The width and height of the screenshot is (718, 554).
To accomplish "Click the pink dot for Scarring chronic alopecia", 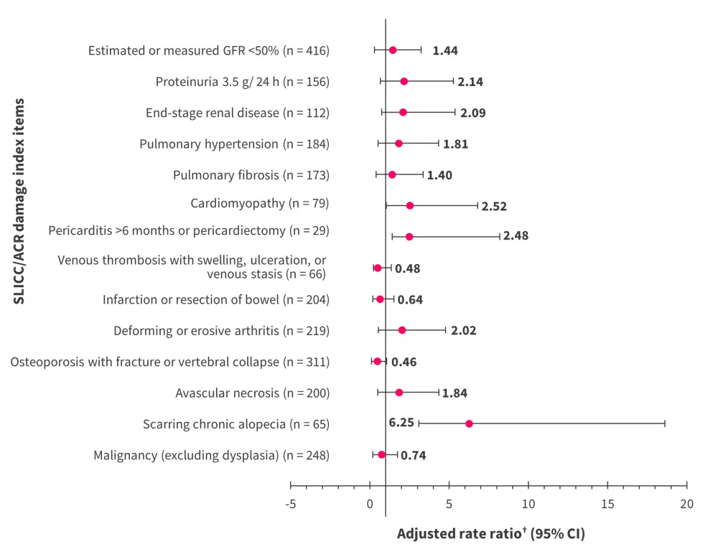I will [469, 423].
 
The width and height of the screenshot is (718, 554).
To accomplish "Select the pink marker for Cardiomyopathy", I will [410, 205].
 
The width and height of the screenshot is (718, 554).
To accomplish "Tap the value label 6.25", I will [401, 423].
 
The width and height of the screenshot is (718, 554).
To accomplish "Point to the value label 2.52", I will [494, 207].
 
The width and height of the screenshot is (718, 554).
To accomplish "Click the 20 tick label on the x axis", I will [686, 504].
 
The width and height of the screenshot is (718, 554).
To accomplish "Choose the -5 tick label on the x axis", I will [290, 504].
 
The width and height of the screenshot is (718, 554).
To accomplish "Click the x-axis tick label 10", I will [528, 504].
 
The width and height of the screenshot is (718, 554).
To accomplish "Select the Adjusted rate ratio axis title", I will [490, 535].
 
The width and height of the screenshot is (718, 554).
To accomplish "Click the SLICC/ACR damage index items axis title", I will [19, 202].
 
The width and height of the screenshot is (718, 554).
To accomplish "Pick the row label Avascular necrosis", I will [252, 393].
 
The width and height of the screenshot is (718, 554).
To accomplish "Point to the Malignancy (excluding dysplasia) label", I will [211, 455].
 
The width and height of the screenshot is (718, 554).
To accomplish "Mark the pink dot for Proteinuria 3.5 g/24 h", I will [404, 81].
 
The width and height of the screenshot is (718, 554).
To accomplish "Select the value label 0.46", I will [404, 362].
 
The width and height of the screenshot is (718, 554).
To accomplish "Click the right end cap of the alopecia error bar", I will [665, 423].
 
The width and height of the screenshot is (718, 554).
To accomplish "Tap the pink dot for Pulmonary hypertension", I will [398, 144].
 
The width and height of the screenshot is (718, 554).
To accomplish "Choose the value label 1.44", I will [445, 51].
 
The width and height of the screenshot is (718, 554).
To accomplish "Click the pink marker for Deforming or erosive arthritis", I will [402, 330].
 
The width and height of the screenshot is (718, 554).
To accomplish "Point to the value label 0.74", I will [413, 455].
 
